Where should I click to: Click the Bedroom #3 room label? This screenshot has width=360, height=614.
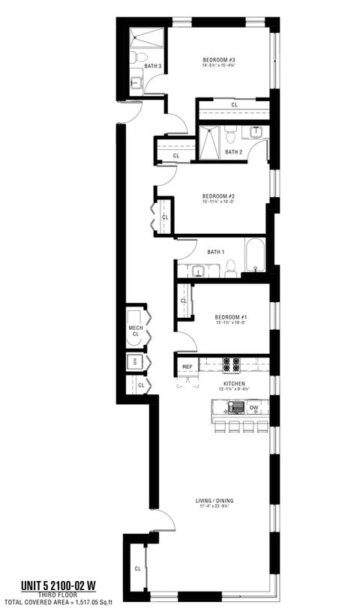coord(218,59)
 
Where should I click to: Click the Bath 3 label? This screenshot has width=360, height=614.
coord(153,66)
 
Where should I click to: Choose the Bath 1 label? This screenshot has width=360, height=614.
coord(216,251)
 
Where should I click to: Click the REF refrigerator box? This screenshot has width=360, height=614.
coord(187,367)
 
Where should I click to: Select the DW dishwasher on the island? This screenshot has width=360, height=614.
coord(254,408)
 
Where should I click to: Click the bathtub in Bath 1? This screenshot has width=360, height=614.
coord(254,258)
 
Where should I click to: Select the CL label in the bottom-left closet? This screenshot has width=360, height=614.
coord(137,568)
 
